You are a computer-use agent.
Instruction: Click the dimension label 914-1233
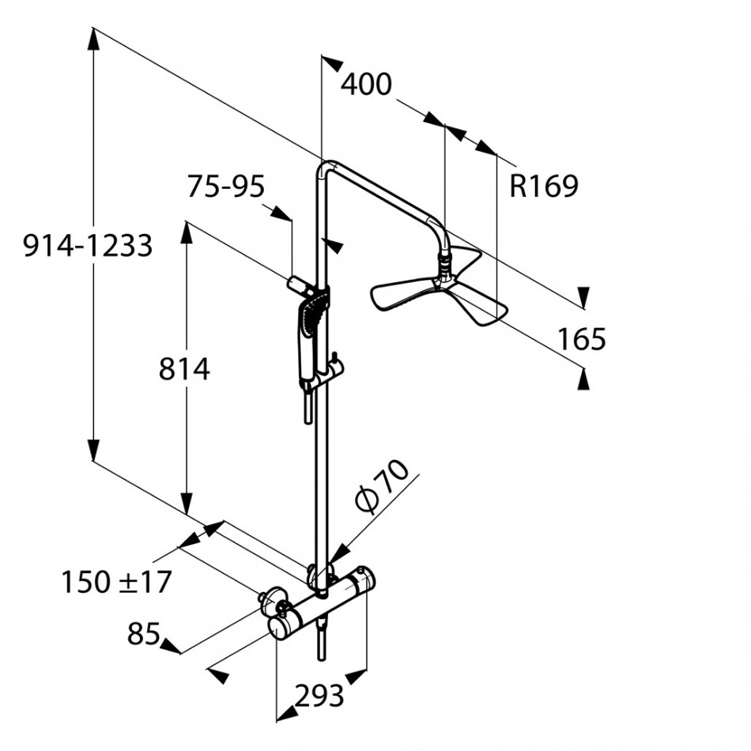click(x=88, y=247)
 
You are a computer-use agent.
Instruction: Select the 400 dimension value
click(x=365, y=83)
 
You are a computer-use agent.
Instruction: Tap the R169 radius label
click(x=544, y=187)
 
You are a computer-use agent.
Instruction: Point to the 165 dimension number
click(x=581, y=339)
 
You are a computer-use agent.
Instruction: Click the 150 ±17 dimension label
click(x=116, y=583)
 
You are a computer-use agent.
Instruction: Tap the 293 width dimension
click(x=320, y=696)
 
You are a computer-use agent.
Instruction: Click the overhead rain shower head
click(x=439, y=292)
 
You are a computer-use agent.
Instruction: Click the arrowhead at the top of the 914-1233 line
click(x=94, y=36)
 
